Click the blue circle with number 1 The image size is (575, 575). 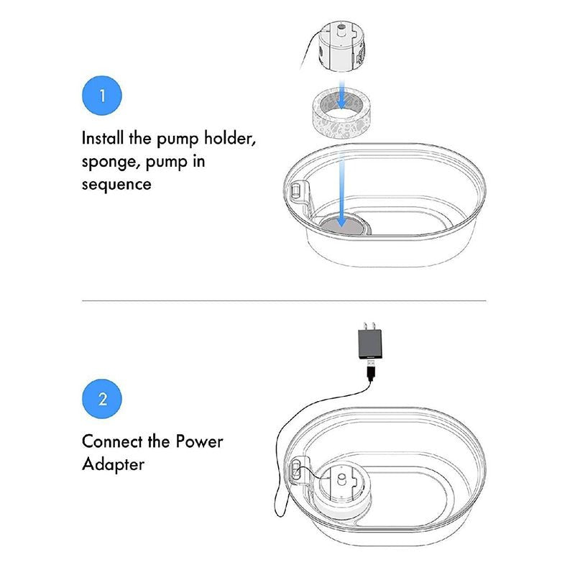point(102,96)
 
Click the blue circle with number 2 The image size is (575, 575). point(102,399)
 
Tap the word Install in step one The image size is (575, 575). point(102,138)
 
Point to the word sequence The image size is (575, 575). point(116,185)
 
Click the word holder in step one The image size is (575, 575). point(229,139)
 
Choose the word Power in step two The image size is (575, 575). point(199,441)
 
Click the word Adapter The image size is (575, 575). point(113,464)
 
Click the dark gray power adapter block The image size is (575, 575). point(369,344)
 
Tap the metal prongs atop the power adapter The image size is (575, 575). point(369,326)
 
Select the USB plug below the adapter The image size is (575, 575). point(371,370)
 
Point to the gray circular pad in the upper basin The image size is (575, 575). point(344,226)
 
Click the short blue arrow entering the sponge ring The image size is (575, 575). point(341,95)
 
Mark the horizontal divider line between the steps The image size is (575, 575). point(284,300)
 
